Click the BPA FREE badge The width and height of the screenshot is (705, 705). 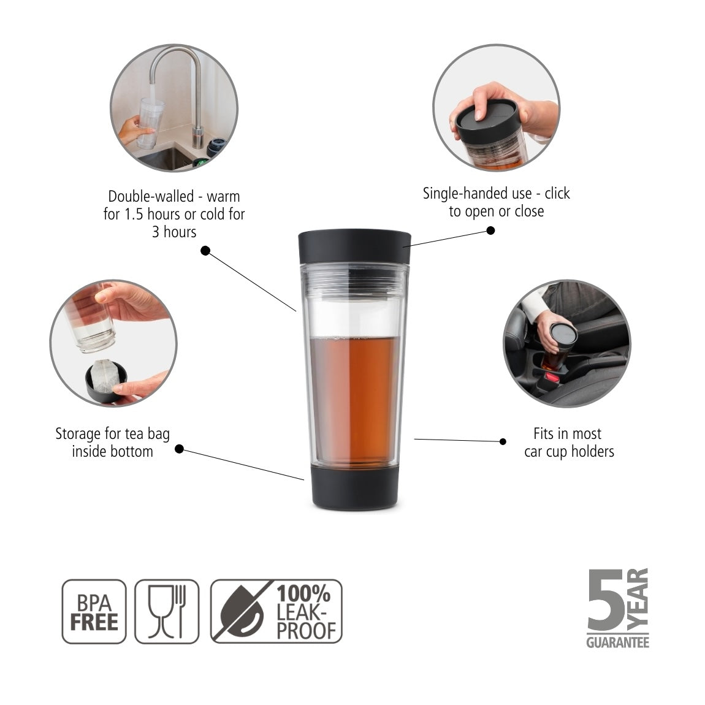(x=94, y=611)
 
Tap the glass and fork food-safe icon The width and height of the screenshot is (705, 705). (x=167, y=611)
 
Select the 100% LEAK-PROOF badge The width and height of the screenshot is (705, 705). (x=276, y=611)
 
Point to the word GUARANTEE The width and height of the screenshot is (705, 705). (x=617, y=642)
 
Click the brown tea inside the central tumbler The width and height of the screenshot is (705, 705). (x=354, y=398)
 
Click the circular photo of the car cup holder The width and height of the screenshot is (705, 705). (x=566, y=343)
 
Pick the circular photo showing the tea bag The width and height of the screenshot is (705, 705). (x=113, y=343)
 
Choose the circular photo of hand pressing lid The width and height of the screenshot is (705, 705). (x=496, y=108)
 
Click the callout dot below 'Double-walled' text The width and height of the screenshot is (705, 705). (x=205, y=251)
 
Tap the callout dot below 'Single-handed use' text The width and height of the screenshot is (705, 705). (x=490, y=231)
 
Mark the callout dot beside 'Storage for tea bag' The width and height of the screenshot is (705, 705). (x=179, y=449)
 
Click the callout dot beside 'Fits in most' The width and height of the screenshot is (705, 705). (x=503, y=441)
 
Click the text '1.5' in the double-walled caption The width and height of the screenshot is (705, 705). (x=134, y=215)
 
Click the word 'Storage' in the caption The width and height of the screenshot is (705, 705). (x=77, y=434)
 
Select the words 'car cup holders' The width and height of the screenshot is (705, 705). (x=569, y=452)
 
